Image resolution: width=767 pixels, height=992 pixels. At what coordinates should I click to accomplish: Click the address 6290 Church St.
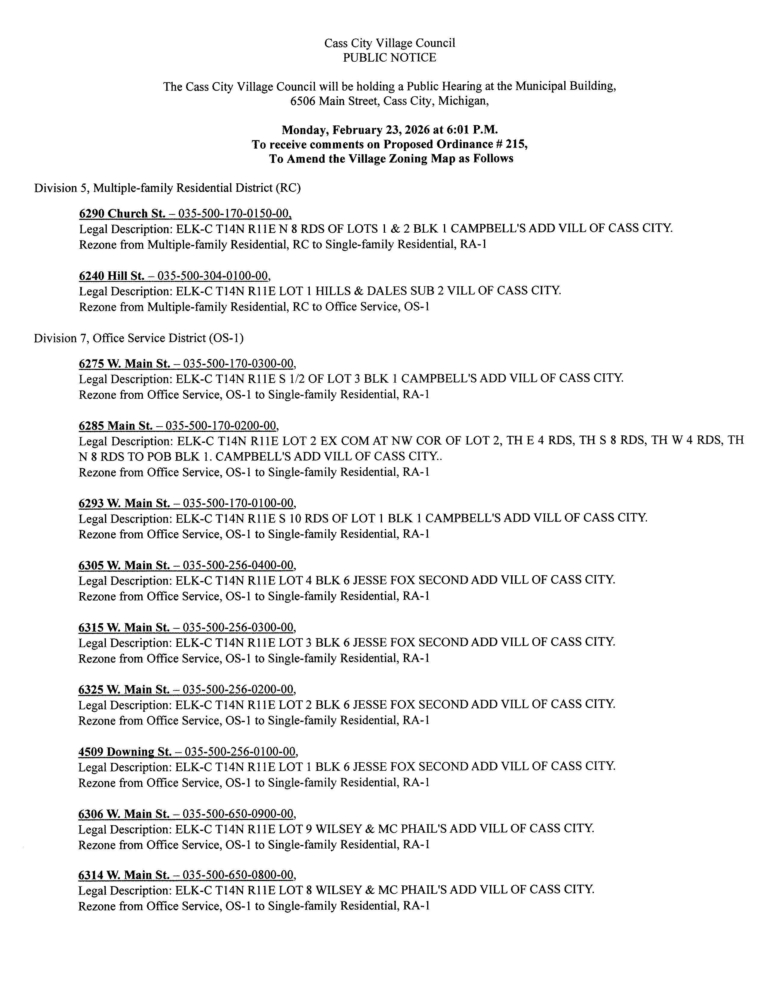(122, 213)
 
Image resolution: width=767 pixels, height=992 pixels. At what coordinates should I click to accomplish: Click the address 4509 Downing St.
(125, 752)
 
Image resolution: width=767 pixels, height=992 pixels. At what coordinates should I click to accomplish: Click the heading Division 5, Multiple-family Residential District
(167, 188)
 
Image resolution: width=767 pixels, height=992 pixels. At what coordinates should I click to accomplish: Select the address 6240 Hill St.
(111, 276)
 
